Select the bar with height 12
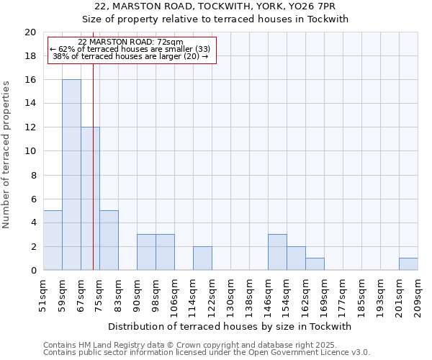pos(90,199)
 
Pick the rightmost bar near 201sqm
pos(408,264)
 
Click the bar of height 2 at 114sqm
pos(202,258)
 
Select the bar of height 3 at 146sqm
pos(277,253)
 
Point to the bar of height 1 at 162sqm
pos(315,264)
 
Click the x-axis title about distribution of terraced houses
pos(230,326)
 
